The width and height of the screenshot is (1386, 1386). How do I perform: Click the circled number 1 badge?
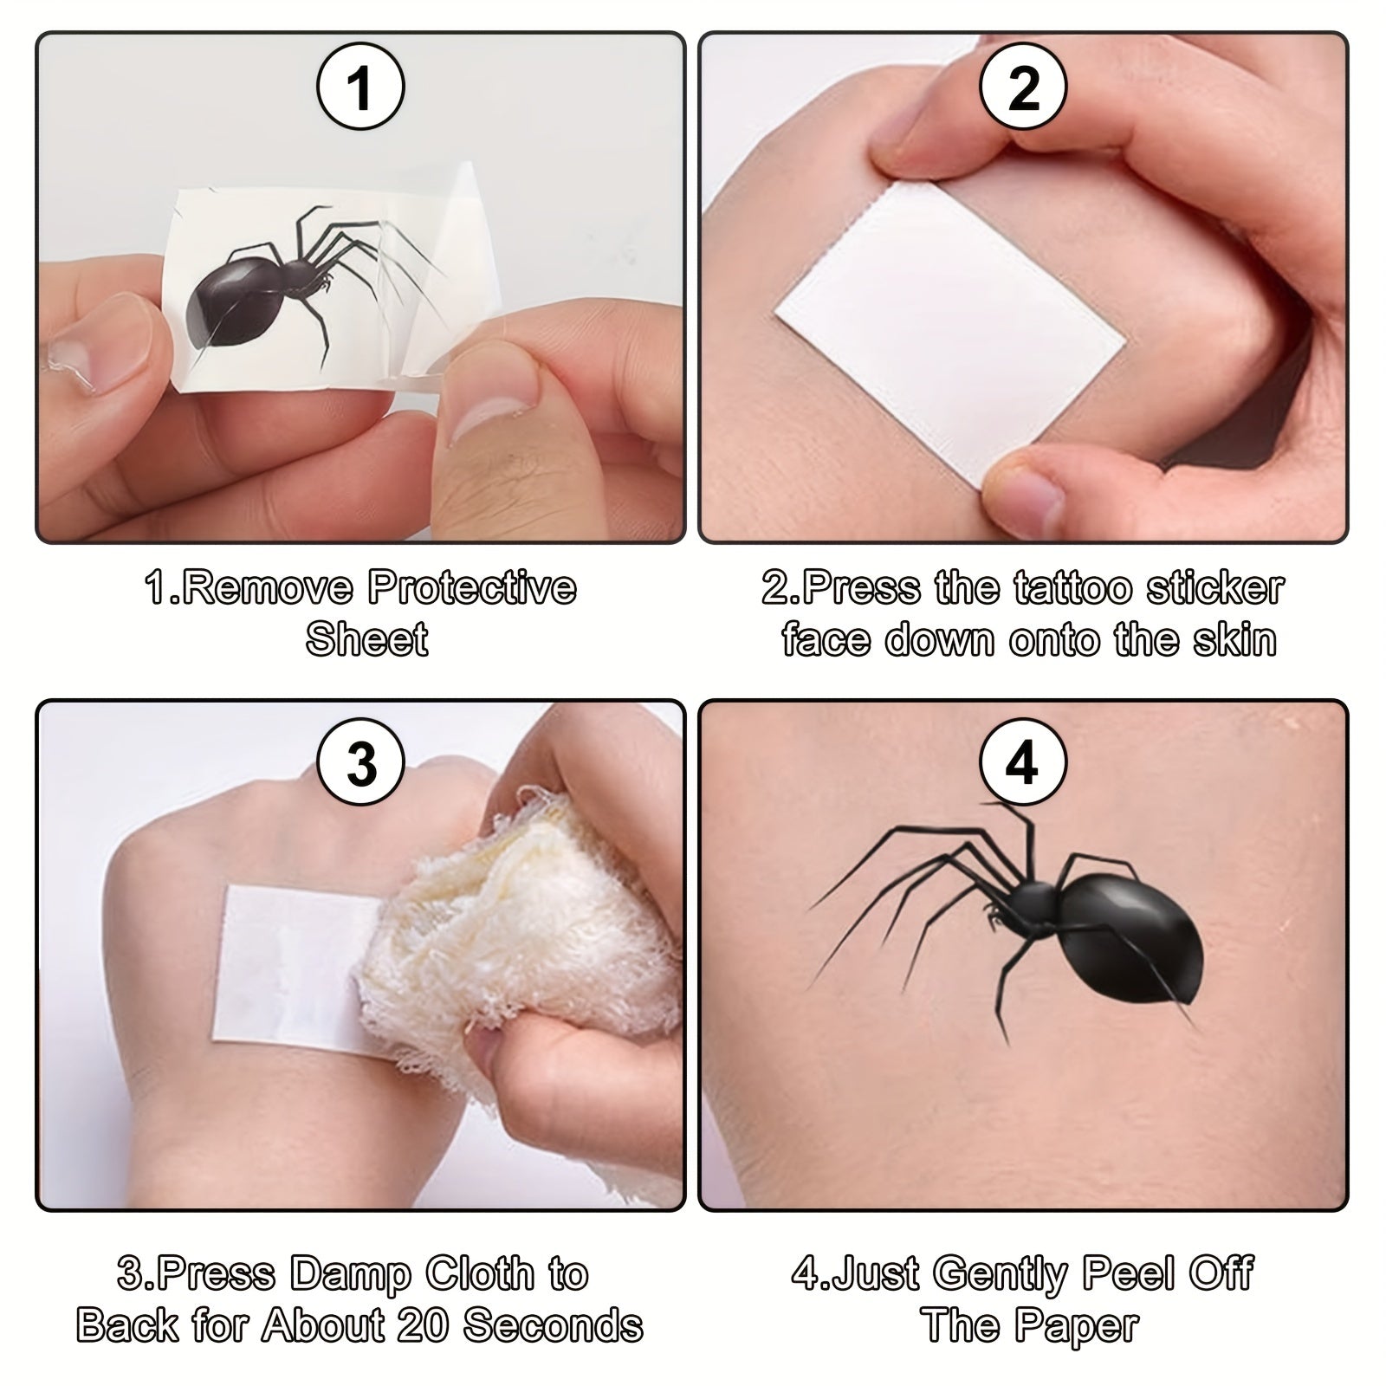359,88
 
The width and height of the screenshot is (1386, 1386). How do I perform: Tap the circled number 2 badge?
1023,88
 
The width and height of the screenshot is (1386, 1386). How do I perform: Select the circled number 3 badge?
361,764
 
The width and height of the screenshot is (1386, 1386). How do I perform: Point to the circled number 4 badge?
1023,764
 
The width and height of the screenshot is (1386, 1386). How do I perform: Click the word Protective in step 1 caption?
472,588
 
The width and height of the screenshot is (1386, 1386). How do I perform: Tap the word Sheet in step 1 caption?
367,640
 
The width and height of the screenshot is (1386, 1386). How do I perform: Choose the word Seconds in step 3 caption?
553,1326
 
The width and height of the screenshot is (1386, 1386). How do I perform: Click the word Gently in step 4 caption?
1001,1274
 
